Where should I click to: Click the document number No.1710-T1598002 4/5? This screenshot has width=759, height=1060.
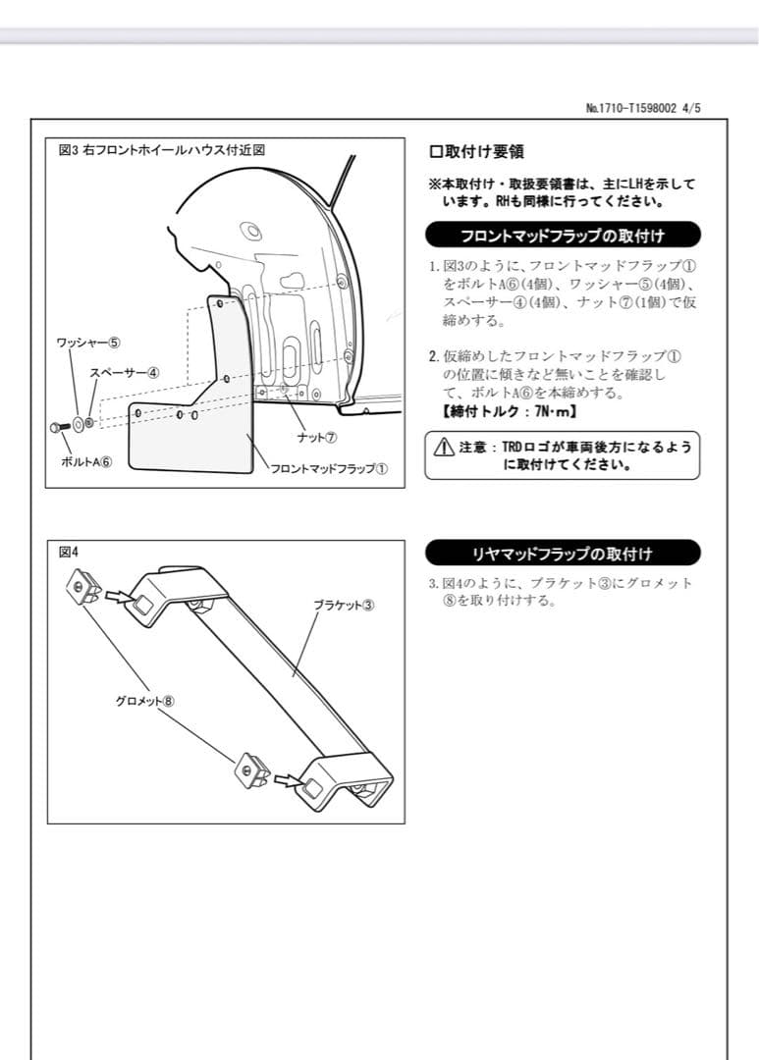tap(643, 109)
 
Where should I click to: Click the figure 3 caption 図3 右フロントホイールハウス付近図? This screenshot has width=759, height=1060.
tap(163, 150)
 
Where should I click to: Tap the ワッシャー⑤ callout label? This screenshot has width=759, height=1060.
tap(88, 343)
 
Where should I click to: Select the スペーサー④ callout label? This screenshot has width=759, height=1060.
tap(125, 373)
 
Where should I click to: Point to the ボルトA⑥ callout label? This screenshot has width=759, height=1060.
tap(86, 462)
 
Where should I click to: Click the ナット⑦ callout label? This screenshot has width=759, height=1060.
tap(317, 437)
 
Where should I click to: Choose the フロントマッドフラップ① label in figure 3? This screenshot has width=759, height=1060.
tap(329, 468)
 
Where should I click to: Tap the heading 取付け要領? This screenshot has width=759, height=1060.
tap(476, 152)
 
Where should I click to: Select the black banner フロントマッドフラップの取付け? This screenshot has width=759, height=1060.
tap(563, 236)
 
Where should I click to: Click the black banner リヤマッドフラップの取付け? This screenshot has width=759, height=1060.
tap(563, 553)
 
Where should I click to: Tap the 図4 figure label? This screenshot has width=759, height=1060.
tap(69, 552)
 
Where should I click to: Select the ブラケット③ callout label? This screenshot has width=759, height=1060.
tap(344, 605)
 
